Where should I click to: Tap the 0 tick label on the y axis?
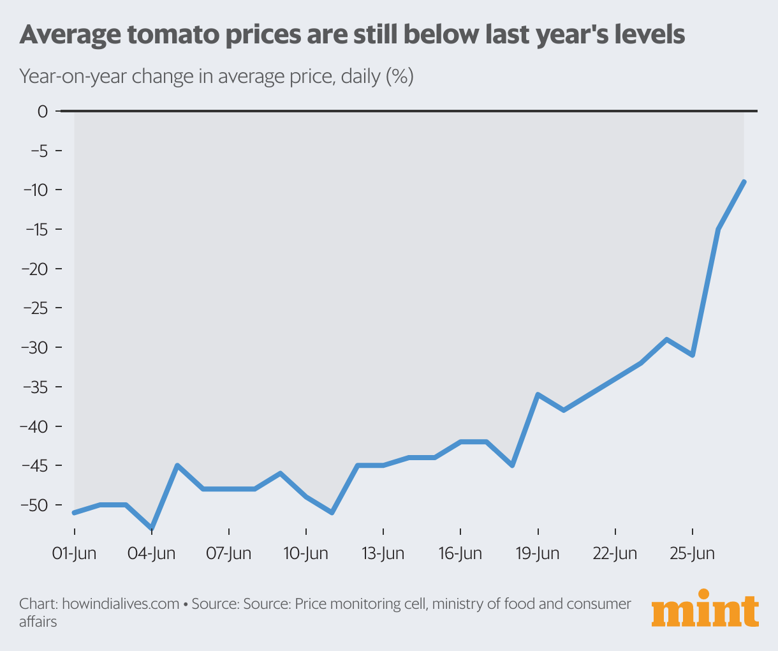pos(43,112)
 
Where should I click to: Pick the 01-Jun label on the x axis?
pos(74,553)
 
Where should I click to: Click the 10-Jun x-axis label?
pos(306,553)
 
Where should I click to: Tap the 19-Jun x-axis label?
pos(538,553)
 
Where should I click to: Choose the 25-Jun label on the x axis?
pos(693,553)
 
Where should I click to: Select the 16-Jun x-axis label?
pos(460,553)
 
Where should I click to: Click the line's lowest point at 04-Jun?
pos(152,528)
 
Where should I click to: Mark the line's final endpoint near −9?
pos(744,182)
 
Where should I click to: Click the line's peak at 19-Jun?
pos(538,394)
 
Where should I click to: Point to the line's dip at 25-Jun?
pos(693,355)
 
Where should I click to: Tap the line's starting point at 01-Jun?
pos(75,513)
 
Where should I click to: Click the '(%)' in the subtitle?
pos(399,77)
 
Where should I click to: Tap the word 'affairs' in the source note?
pos(38,622)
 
